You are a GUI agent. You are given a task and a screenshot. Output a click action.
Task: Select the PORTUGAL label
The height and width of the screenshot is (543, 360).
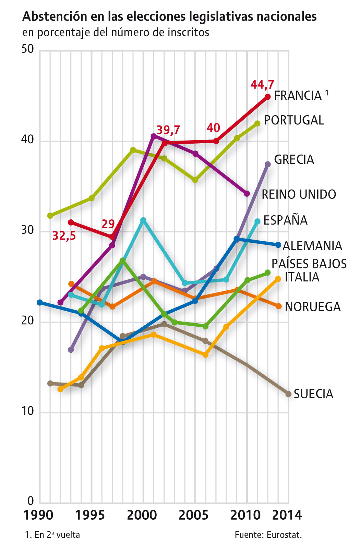coord(294,120)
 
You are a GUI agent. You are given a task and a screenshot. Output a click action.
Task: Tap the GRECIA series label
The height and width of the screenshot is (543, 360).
coord(294,160)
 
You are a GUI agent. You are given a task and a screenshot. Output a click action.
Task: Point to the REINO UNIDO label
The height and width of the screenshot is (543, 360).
coord(299,194)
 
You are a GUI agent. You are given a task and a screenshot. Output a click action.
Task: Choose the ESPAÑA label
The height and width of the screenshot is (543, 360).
coord(285,220)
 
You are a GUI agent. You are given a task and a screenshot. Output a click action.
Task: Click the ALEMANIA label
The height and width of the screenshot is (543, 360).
coord(312,246)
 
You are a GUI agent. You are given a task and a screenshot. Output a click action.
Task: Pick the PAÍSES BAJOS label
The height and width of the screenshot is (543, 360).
coord(309,264)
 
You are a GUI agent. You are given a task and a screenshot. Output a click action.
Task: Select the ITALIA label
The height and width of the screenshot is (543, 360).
coord(302,277)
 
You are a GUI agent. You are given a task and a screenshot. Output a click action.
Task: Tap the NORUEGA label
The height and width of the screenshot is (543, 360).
coord(313,307)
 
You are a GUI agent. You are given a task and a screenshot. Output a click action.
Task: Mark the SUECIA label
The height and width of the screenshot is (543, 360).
coord(313,394)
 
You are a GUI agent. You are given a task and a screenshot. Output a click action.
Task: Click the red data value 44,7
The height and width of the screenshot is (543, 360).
coord(262,84)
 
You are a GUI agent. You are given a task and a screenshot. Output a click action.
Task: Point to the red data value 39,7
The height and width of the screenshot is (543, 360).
coord(168,130)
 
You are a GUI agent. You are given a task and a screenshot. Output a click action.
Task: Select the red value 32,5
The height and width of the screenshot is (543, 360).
coord(64,236)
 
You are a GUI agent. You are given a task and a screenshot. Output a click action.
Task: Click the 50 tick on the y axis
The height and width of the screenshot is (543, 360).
coord(28,49)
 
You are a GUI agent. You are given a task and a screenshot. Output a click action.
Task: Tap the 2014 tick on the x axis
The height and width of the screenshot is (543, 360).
coord(287,515)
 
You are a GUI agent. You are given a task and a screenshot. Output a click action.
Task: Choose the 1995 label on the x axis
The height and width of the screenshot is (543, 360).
coord(89,515)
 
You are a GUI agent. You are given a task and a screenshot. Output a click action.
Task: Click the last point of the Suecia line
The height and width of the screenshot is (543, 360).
coord(288,394)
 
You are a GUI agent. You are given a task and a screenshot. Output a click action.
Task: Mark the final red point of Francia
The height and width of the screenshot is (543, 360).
coord(268,97)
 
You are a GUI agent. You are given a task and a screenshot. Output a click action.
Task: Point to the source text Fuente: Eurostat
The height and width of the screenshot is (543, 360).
coord(268,534)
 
